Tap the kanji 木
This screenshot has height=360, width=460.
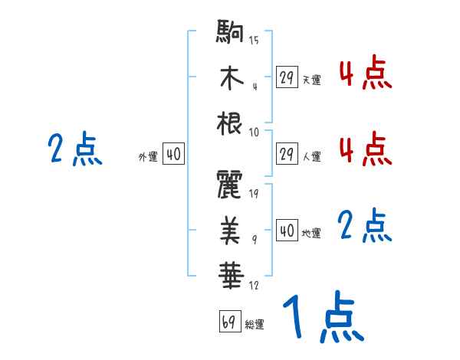pos(230,79)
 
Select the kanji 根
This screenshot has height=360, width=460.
pos(230,123)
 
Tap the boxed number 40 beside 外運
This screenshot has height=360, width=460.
pos(173,155)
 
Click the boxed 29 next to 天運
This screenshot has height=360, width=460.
pos(287,77)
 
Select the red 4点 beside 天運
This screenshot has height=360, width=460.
pos(365,74)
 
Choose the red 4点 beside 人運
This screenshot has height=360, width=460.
pos(365,149)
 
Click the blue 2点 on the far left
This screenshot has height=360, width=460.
pos(74,149)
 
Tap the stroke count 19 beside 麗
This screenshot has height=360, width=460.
pos(254,193)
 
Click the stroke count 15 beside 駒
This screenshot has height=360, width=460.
pos(254,40)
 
